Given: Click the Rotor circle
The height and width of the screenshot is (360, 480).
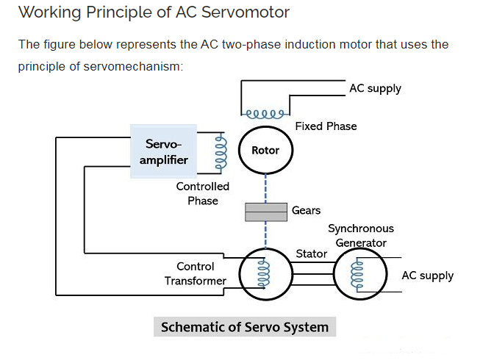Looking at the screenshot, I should (x=265, y=151).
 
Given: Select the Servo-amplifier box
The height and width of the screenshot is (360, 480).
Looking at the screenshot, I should (x=163, y=151).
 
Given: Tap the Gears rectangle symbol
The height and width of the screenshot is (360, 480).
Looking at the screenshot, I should (x=265, y=212).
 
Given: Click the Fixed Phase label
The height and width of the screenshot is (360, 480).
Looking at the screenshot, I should (x=326, y=126).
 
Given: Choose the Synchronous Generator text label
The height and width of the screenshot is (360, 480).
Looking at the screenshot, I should (x=360, y=236).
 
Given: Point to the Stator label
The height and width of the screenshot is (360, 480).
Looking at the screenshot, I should (x=311, y=254).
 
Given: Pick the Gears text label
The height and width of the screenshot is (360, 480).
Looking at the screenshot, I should (x=306, y=211).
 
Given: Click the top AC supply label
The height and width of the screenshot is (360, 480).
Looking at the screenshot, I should (x=375, y=89).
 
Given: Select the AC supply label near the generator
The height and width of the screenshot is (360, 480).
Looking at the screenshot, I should (x=427, y=276).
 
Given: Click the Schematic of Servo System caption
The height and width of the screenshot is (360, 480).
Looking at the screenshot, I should (x=245, y=327).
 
